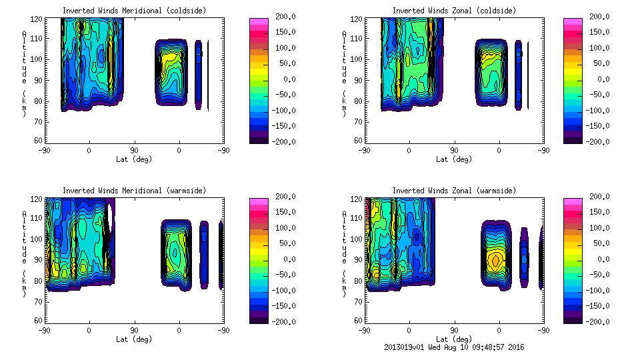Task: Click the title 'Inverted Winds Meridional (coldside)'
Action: pos(134,11)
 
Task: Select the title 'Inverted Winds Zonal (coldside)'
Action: pos(454,11)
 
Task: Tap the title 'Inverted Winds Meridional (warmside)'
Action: pos(134,191)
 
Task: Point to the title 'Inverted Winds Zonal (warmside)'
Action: pos(454,191)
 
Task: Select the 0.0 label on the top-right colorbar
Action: pos(604,79)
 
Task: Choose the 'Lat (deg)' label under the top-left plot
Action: pos(134,159)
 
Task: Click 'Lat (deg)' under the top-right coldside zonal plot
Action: pos(454,159)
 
